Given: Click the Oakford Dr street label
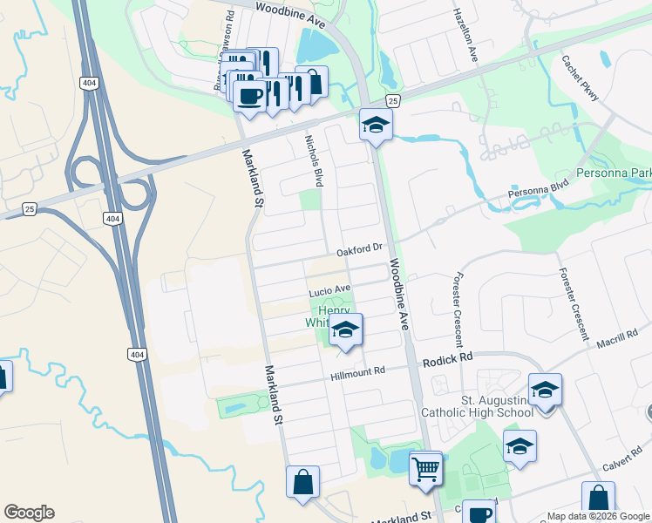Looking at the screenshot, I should [x=360, y=248].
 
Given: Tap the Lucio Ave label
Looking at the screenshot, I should [x=329, y=289].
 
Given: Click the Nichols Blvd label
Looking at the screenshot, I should [x=313, y=160].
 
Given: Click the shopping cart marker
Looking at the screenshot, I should [x=425, y=468].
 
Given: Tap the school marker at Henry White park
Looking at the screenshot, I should [x=345, y=330].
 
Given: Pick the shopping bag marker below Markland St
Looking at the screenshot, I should [x=302, y=482].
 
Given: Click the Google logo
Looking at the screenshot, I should [x=29, y=513].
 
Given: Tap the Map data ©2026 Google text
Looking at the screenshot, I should [x=598, y=516].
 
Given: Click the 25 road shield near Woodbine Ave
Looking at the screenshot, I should [x=393, y=101].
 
